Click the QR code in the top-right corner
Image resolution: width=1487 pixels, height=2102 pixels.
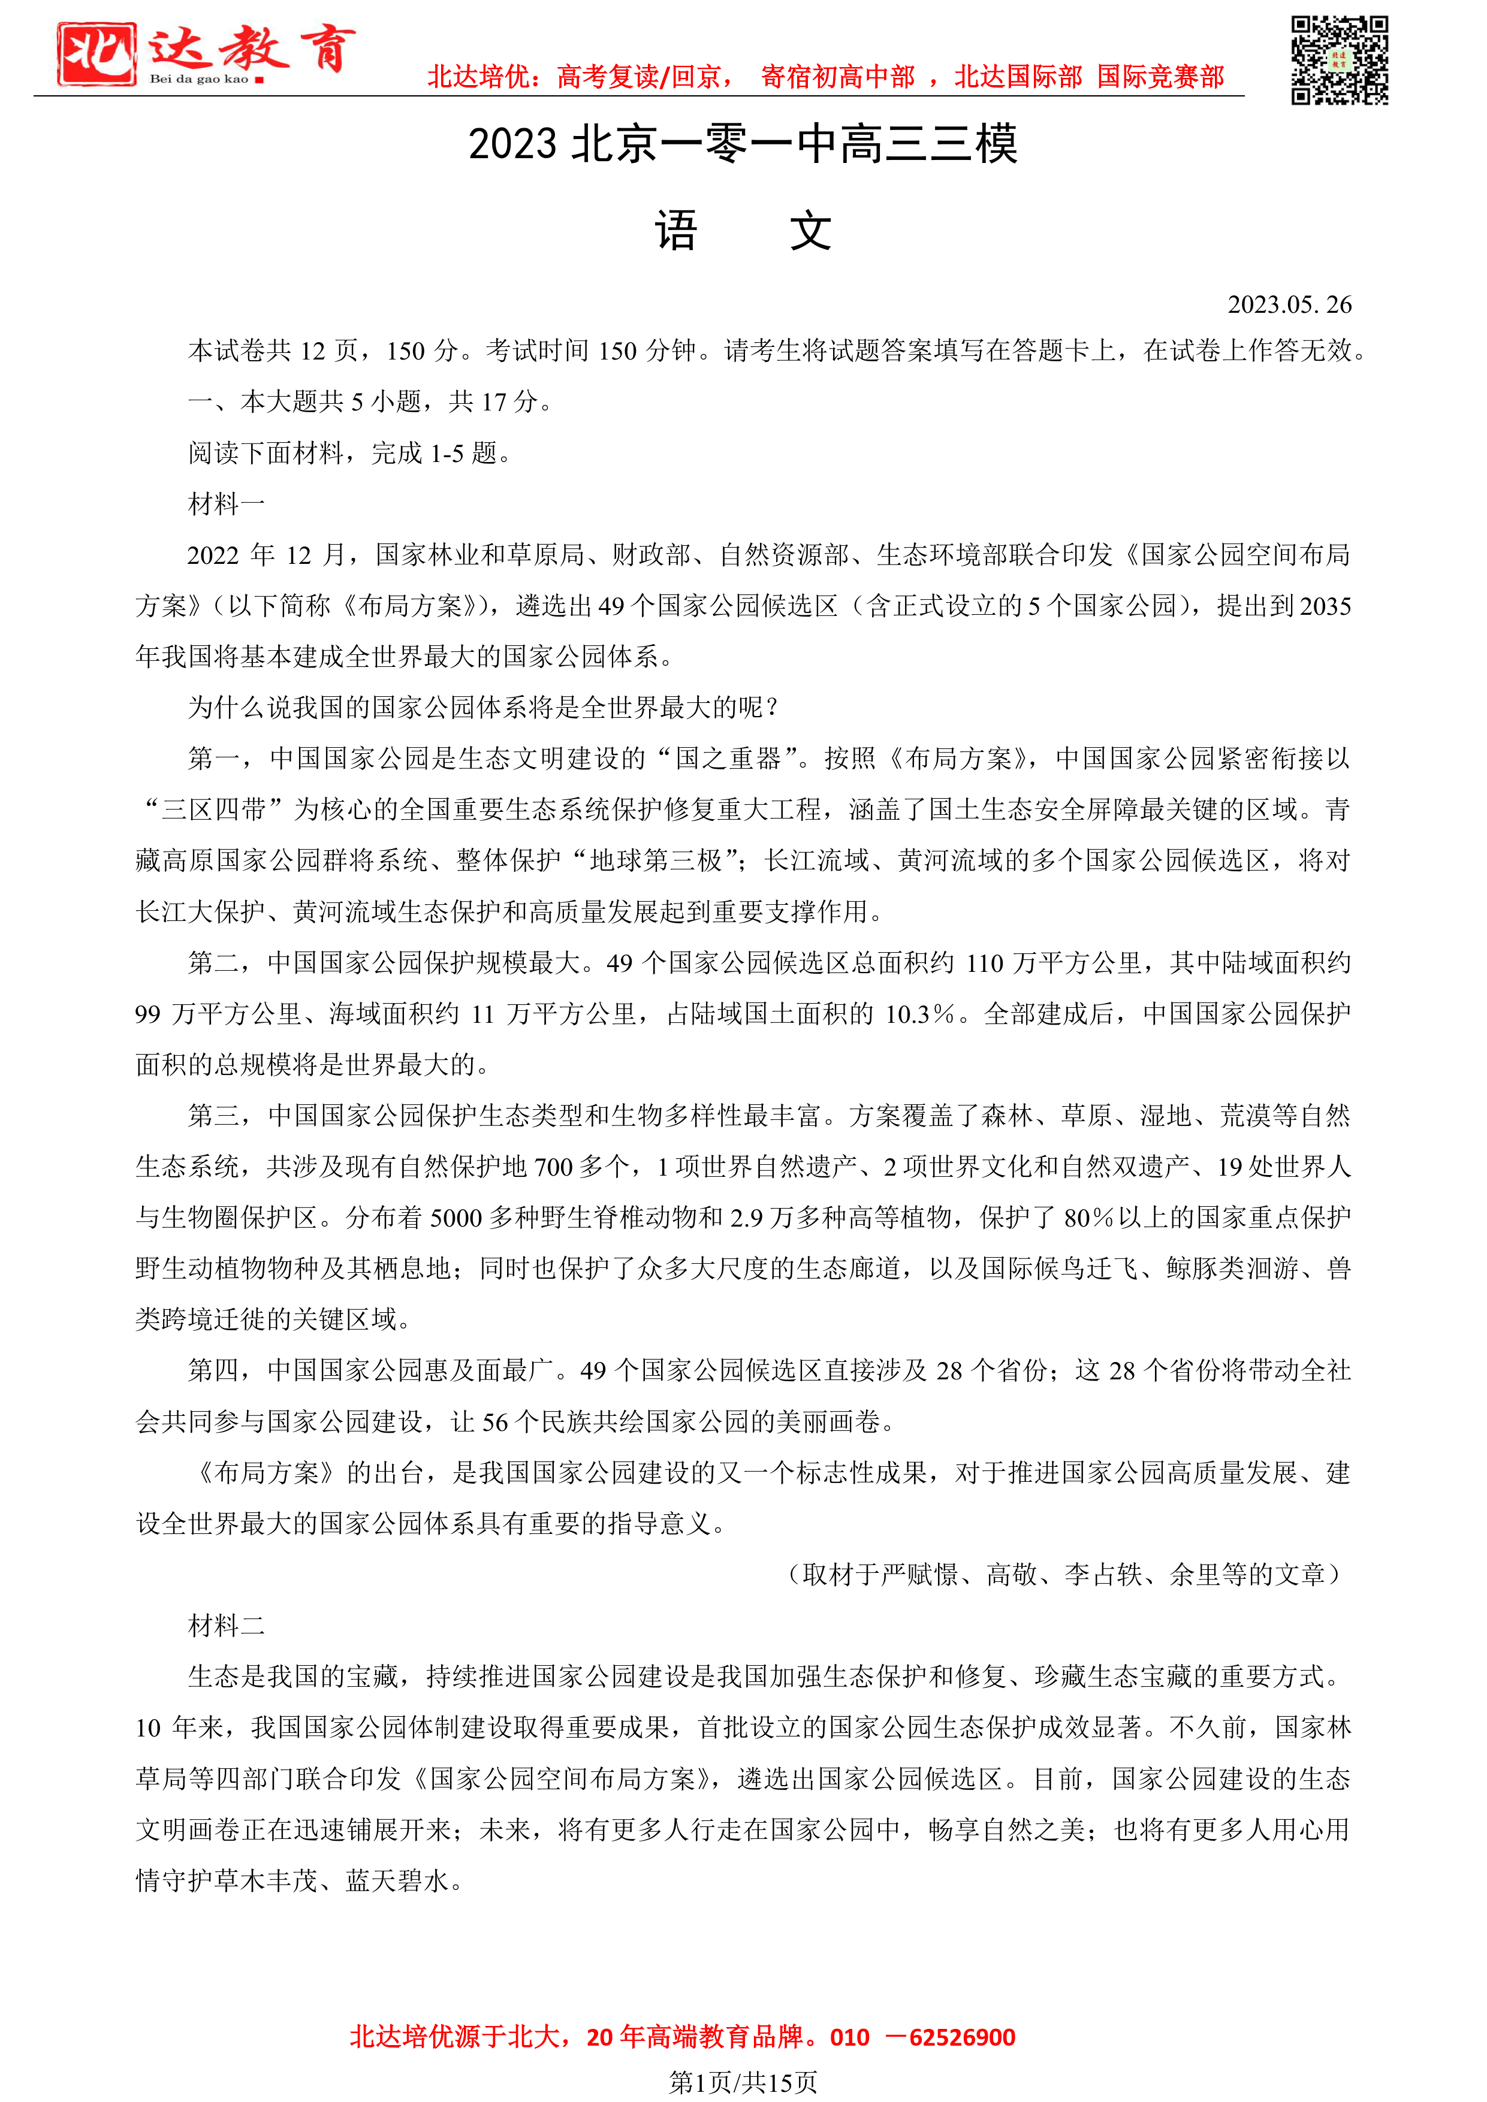click(x=1339, y=61)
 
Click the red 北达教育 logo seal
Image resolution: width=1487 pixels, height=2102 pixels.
click(x=96, y=54)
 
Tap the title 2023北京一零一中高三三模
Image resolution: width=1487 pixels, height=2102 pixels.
click(x=743, y=144)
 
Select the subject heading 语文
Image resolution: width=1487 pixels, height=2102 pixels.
click(x=743, y=231)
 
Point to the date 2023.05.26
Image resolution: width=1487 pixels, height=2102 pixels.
click(x=1289, y=305)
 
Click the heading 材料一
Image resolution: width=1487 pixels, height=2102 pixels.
click(x=226, y=503)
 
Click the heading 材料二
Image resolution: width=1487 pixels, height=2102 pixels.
click(x=226, y=1625)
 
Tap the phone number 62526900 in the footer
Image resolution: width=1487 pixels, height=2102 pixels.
click(x=961, y=2037)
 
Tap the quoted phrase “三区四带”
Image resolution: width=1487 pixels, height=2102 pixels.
click(x=213, y=810)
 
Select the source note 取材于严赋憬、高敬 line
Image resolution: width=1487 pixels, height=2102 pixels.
click(x=1062, y=1575)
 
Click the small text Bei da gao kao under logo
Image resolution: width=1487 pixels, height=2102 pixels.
click(x=199, y=80)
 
